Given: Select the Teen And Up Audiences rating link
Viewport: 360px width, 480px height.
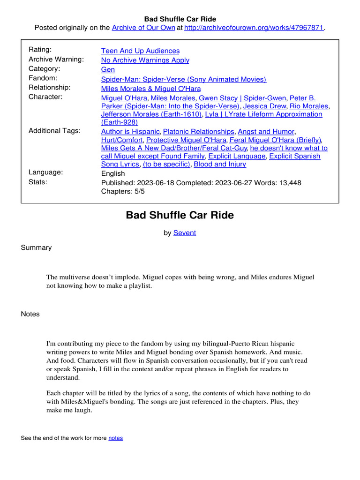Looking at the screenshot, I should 140,51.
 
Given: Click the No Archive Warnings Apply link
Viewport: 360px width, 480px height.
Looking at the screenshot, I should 145,60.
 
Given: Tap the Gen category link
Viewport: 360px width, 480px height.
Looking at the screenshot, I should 108,69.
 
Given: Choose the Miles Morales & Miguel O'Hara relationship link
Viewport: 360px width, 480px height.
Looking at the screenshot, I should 150,89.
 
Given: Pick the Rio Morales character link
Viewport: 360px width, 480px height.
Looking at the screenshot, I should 309,106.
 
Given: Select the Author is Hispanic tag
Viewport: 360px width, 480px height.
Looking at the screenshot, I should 130,132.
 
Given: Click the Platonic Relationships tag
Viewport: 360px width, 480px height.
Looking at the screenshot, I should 198,132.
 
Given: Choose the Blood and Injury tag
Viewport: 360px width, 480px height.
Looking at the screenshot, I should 219,164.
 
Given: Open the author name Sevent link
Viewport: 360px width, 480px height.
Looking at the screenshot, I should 185,232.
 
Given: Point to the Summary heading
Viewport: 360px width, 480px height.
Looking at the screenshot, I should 36,247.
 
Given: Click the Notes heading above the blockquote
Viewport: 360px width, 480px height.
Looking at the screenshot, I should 30,314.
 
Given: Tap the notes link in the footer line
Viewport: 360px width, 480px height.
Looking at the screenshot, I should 115,438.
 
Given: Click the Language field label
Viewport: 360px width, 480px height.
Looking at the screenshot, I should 45,172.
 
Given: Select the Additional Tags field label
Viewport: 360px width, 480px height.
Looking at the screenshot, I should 54,131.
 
